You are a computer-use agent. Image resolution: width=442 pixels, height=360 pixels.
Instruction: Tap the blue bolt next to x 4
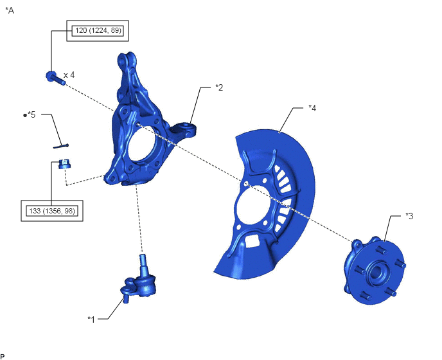tap(55, 78)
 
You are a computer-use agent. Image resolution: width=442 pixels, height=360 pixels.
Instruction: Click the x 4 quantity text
tap(69, 75)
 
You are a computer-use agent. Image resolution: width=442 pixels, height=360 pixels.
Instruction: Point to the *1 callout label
tap(91, 319)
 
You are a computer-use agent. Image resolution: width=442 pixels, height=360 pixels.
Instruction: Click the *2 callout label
tap(219, 87)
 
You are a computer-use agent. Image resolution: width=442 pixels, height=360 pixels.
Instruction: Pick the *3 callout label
tap(409, 216)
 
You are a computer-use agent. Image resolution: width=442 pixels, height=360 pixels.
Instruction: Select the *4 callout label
tap(312, 108)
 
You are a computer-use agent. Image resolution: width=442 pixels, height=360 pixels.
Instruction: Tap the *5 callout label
tap(30, 115)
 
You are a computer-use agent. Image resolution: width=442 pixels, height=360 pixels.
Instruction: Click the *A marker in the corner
tap(10, 10)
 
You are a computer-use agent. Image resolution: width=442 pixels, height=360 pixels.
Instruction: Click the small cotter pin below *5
tap(61, 146)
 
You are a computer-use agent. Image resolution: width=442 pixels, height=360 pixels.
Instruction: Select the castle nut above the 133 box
tap(64, 164)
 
